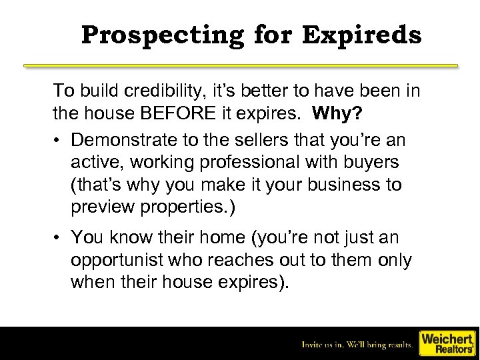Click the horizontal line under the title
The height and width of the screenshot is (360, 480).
tap(241, 66)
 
